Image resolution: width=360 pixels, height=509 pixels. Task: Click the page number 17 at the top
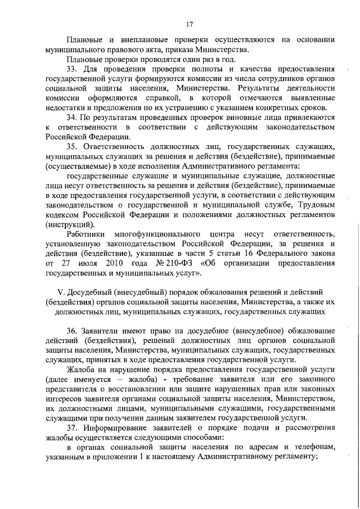click(190, 24)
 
